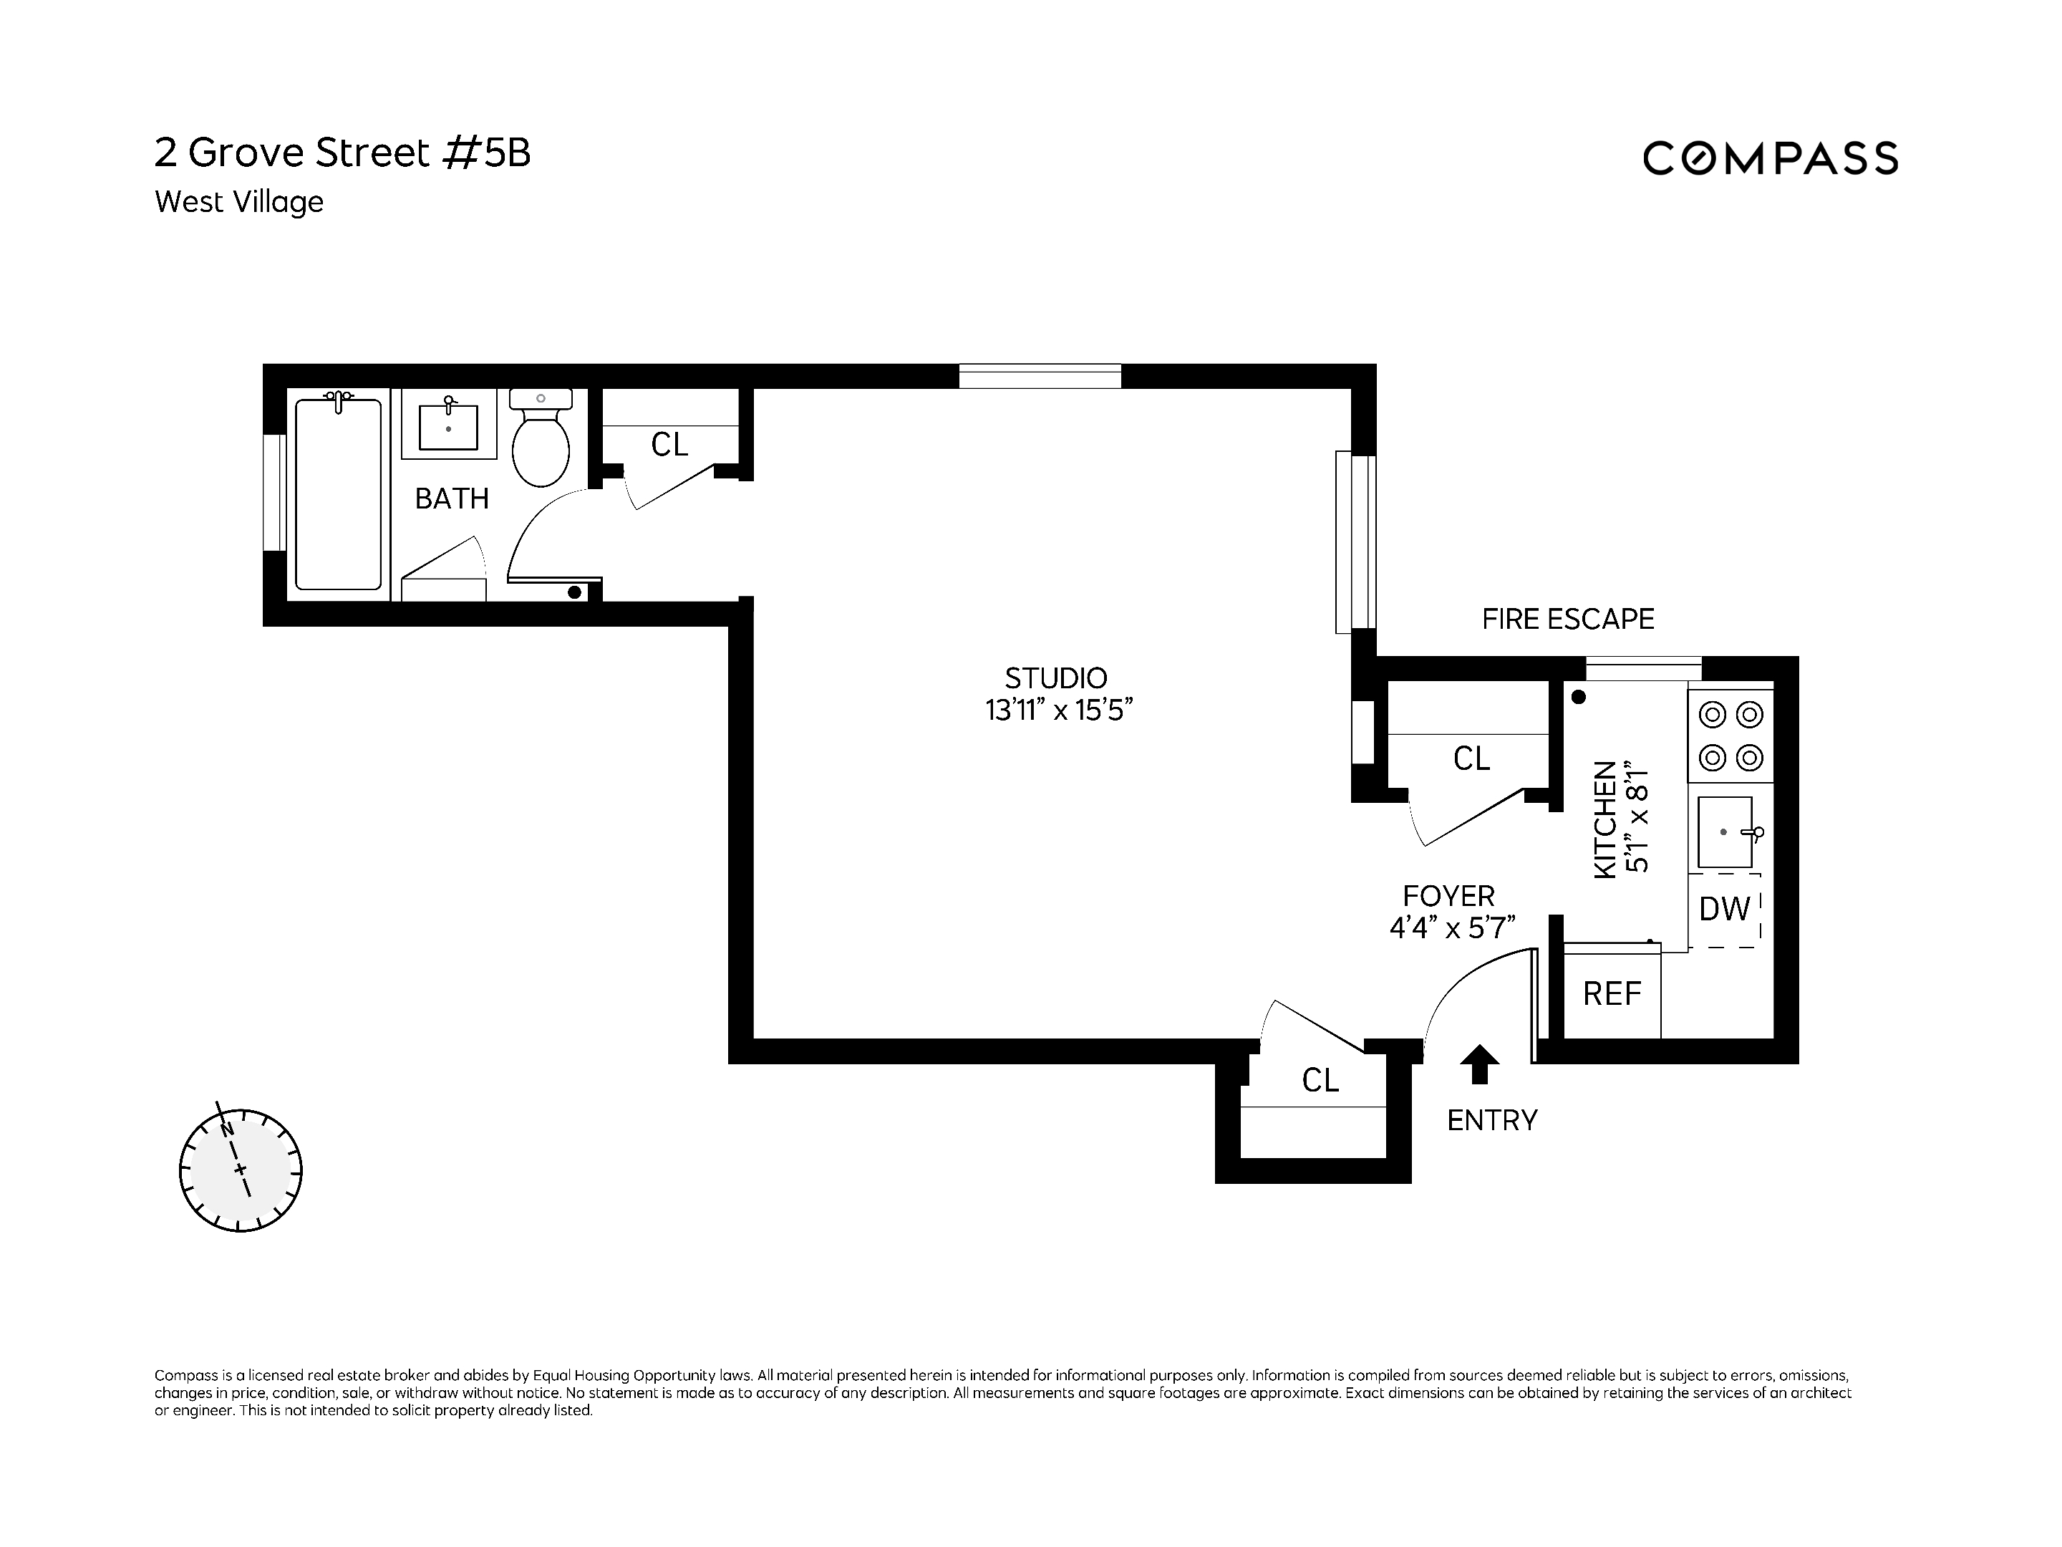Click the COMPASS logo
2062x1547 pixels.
(1769, 158)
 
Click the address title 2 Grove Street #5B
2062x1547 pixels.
(342, 153)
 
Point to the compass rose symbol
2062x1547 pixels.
(241, 1170)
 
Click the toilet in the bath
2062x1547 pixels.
(541, 442)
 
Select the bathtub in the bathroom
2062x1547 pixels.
(339, 494)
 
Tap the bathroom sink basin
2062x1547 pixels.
(448, 427)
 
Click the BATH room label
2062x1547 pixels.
(452, 499)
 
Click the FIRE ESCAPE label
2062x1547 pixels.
(1568, 620)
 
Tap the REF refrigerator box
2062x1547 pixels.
(1612, 993)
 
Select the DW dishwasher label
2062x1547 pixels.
(1723, 909)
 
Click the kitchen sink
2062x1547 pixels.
(1725, 832)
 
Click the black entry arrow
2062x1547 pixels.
(1479, 1064)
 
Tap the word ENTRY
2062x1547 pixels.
(1491, 1120)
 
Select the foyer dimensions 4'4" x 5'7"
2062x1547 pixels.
(1451, 927)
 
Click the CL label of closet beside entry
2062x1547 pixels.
(1320, 1080)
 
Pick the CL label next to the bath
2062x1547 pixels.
(669, 445)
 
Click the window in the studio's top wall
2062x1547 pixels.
(1040, 377)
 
